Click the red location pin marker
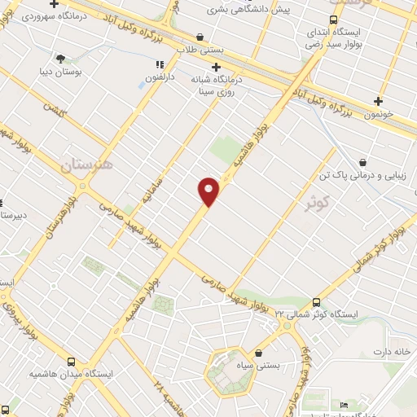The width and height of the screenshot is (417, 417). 208,191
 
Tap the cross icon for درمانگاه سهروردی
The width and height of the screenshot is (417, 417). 55,4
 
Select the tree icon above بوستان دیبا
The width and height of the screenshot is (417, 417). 60,58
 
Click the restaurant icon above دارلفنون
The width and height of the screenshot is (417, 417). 160,64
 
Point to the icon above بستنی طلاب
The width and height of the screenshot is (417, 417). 200,37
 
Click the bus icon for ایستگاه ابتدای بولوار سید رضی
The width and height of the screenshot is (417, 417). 333,20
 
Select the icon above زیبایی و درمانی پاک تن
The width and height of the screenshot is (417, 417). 362,162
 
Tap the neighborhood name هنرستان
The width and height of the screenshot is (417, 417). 89,166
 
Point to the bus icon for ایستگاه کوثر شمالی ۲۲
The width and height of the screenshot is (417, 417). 317,301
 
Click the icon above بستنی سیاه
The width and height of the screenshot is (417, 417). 259,353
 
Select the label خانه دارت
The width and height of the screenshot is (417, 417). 389,352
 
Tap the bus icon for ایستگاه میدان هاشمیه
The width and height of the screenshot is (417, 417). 71,362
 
